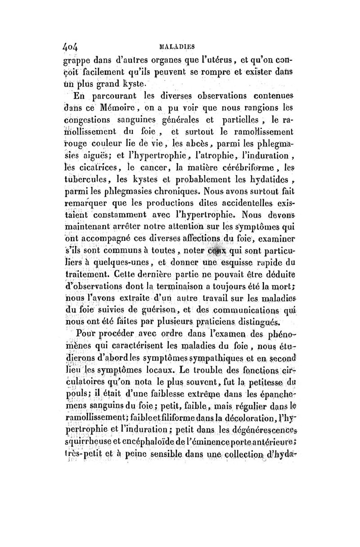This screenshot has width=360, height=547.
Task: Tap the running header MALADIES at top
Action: tap(176, 46)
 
